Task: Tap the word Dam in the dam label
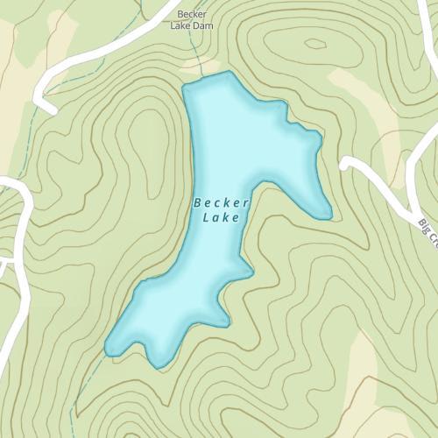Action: coord(203,26)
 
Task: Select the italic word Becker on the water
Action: coord(222,202)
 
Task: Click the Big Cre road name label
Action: coord(427,232)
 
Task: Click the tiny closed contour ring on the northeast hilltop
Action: coord(314,44)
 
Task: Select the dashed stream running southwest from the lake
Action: coord(88,385)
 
